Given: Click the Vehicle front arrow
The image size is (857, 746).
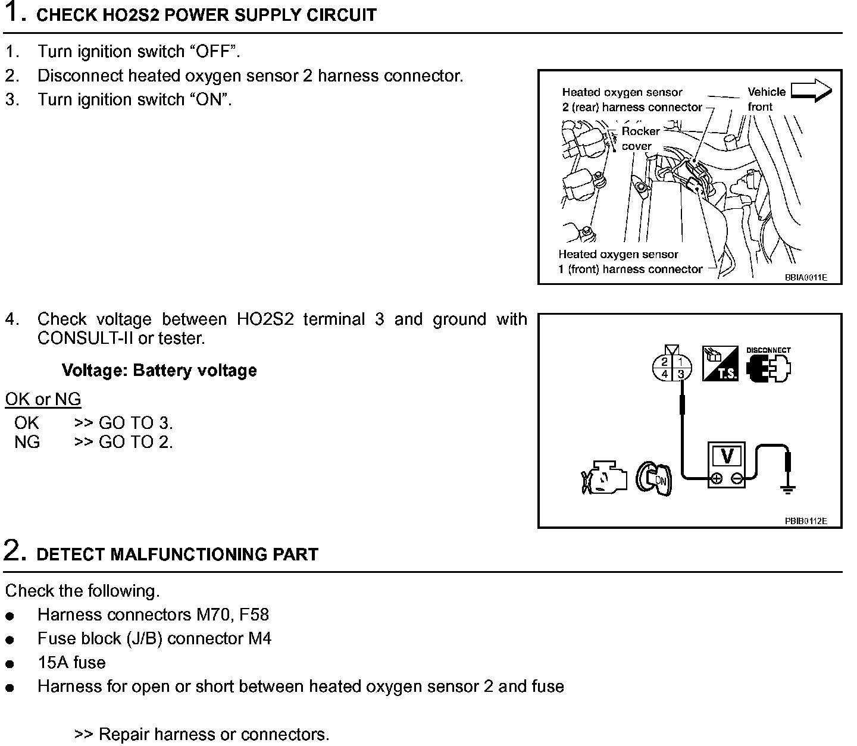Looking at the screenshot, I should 811,90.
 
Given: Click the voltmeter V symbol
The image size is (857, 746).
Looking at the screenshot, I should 727,457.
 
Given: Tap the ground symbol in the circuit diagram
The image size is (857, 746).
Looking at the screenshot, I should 788,490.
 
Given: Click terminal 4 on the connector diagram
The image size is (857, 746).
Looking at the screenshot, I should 665,374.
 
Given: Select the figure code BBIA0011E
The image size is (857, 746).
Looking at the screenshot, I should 805,277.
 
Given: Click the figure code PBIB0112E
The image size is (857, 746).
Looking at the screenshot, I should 805,521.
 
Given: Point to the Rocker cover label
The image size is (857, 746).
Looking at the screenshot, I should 640,139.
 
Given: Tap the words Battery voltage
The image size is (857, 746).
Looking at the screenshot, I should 195,371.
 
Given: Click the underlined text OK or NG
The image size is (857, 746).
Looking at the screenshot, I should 43,399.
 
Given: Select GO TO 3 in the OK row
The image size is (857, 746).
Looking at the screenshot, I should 136,424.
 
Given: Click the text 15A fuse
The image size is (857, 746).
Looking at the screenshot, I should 71,663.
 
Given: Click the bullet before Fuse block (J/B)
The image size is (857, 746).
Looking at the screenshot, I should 10,640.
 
